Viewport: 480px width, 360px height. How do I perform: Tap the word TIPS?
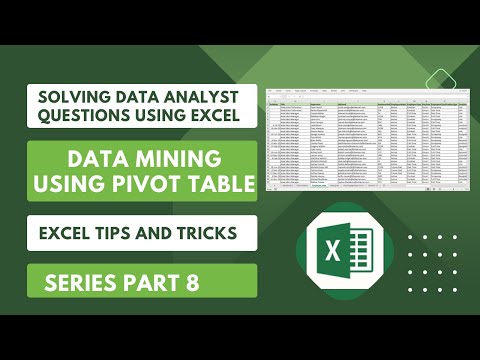click(x=121, y=233)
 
